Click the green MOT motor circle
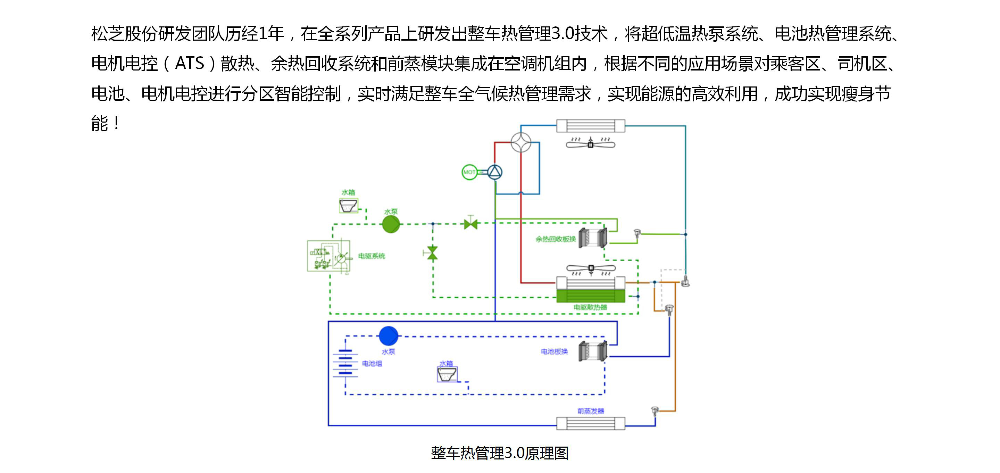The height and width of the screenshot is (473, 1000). pyautogui.click(x=469, y=172)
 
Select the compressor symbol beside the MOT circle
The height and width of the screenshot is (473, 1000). pyautogui.click(x=494, y=172)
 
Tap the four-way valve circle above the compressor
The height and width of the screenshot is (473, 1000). pyautogui.click(x=521, y=142)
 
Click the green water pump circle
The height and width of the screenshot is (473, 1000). pyautogui.click(x=391, y=224)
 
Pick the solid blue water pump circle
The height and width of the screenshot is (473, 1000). pyautogui.click(x=388, y=336)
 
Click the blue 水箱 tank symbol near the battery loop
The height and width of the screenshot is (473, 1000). pyautogui.click(x=447, y=374)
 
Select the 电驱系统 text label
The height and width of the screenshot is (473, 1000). pyautogui.click(x=372, y=256)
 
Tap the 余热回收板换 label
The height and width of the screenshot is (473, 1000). pyautogui.click(x=556, y=239)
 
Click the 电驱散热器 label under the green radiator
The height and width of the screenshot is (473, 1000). pyautogui.click(x=590, y=307)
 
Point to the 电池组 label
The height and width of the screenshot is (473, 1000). pyautogui.click(x=372, y=364)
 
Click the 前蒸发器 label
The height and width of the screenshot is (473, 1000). pyautogui.click(x=590, y=411)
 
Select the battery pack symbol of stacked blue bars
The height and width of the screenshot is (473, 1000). pyautogui.click(x=345, y=363)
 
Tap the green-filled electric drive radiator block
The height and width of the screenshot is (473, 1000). pyautogui.click(x=590, y=296)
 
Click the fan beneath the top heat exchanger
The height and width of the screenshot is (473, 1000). pyautogui.click(x=590, y=144)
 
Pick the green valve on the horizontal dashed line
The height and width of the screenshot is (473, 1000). pyautogui.click(x=470, y=224)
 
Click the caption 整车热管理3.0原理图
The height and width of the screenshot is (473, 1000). pyautogui.click(x=500, y=453)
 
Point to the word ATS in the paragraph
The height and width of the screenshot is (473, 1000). pyautogui.click(x=190, y=63)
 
